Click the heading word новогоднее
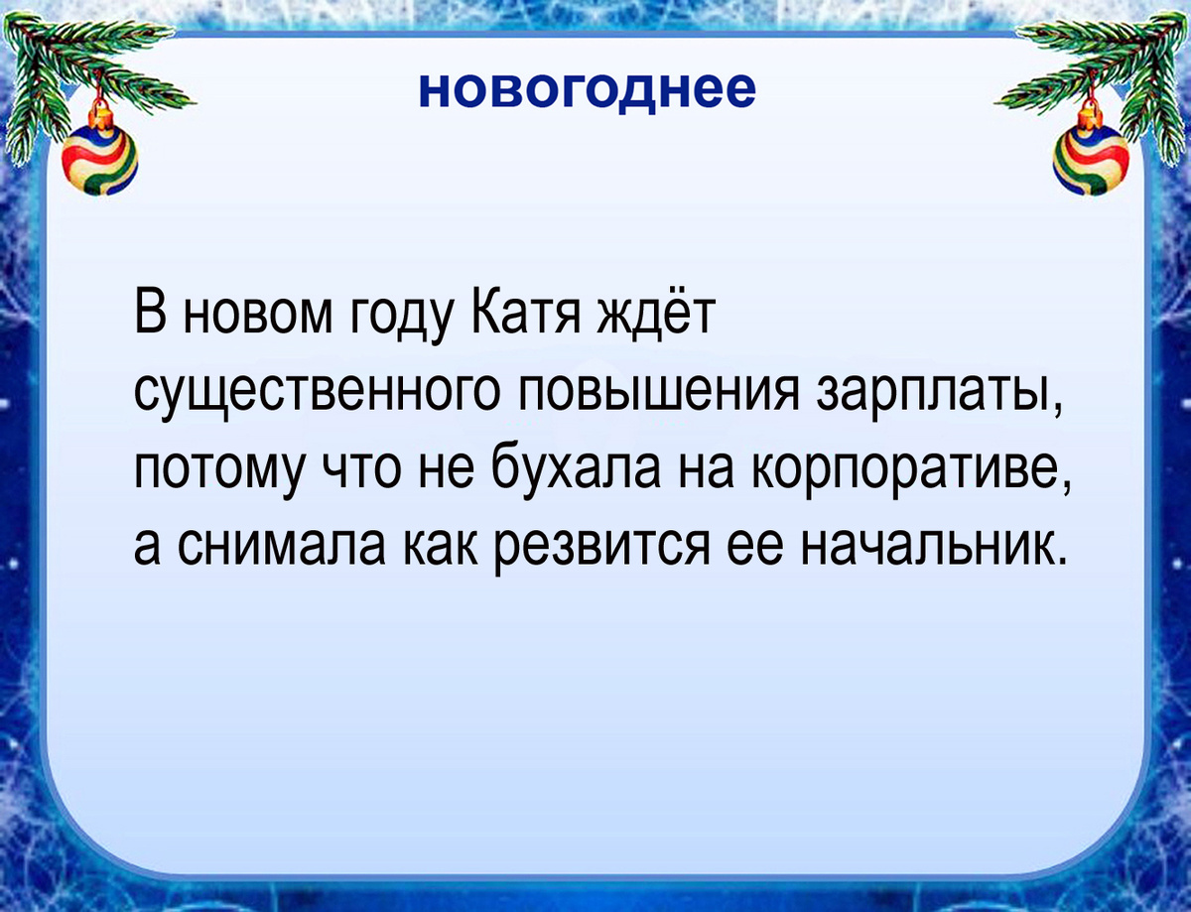tap(587, 89)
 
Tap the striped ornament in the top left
tap(99, 159)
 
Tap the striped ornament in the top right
tap(1091, 159)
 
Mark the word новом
tap(258, 316)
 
